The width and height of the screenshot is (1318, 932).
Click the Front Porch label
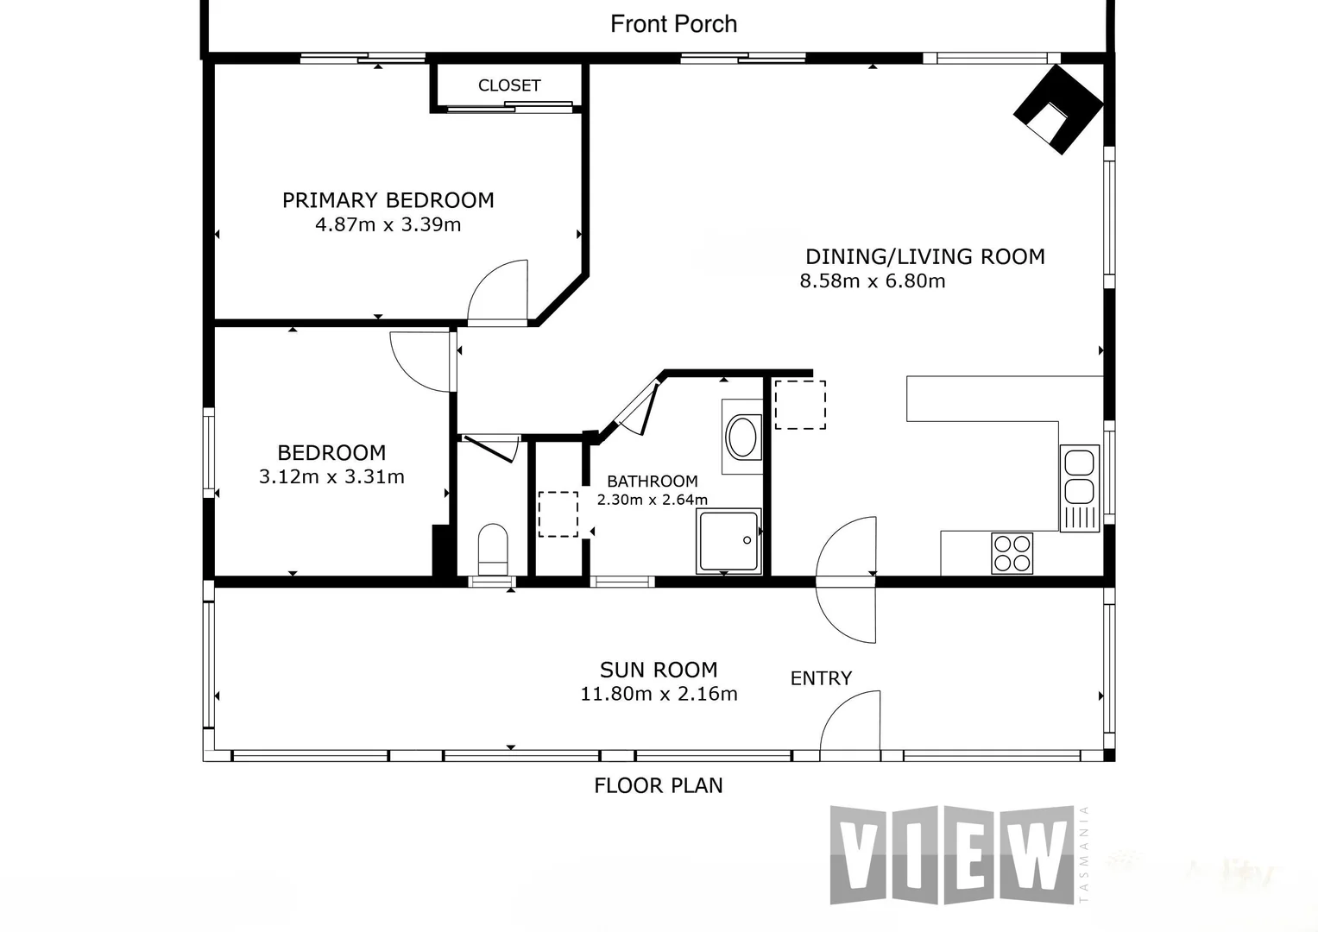point(673,24)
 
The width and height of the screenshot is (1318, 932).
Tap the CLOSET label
point(509,85)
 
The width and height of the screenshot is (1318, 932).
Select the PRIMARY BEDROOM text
point(388,200)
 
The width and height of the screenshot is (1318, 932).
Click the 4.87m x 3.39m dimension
point(388,225)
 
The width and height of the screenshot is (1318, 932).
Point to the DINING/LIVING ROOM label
point(924,256)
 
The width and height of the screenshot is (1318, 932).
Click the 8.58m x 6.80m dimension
point(873,281)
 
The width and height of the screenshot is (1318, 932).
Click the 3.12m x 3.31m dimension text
point(331,476)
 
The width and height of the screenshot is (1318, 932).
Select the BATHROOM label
point(652,482)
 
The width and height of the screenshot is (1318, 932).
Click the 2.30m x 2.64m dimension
point(652,500)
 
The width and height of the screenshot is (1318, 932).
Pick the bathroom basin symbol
point(742,438)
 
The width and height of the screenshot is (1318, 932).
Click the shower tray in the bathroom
point(729,540)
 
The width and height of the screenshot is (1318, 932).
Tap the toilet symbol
point(494,548)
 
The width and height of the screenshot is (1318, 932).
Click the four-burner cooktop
point(1012,553)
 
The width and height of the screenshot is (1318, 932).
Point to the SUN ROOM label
point(659,670)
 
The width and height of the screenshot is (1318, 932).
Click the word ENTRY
point(821,679)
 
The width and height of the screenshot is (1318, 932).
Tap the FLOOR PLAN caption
point(659,785)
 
